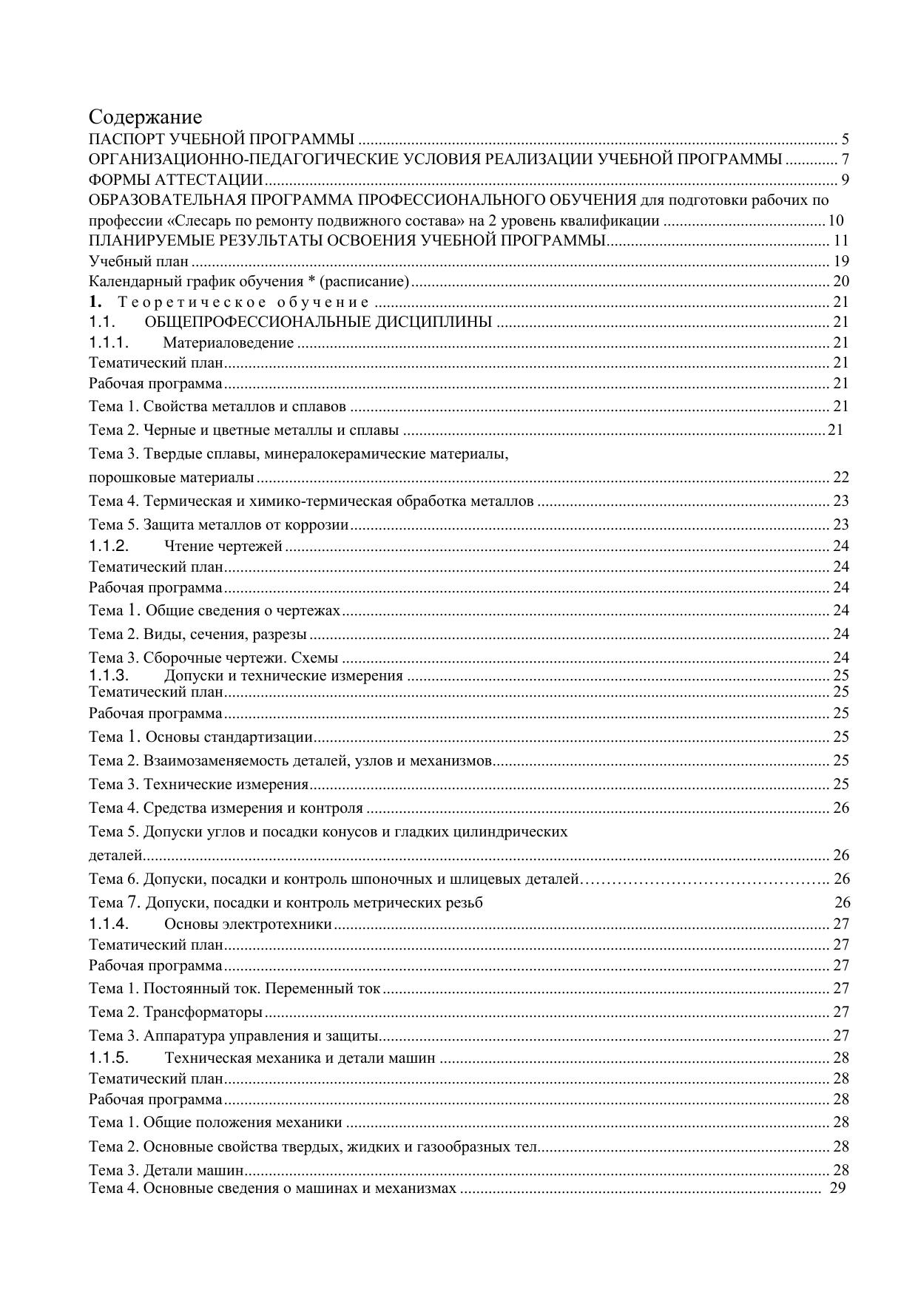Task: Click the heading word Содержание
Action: (145, 117)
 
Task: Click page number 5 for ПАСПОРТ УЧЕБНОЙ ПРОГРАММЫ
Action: (845, 139)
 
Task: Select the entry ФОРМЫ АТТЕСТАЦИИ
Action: (176, 180)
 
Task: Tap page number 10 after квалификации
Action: (836, 220)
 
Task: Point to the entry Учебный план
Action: (138, 261)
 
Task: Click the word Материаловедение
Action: (228, 342)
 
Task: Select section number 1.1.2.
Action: (109, 546)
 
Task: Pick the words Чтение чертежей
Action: (223, 547)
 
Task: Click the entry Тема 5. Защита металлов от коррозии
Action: (218, 525)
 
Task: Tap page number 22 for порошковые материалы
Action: (841, 477)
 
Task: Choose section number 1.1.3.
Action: (109, 675)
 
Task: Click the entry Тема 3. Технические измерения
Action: (198, 784)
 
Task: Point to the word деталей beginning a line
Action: (115, 856)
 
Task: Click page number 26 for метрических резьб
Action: (843, 902)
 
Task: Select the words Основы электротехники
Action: (248, 924)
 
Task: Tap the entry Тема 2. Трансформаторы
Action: (175, 1012)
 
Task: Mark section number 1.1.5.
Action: (109, 1057)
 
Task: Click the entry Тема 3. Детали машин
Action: (166, 1170)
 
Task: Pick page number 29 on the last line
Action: (837, 1188)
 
